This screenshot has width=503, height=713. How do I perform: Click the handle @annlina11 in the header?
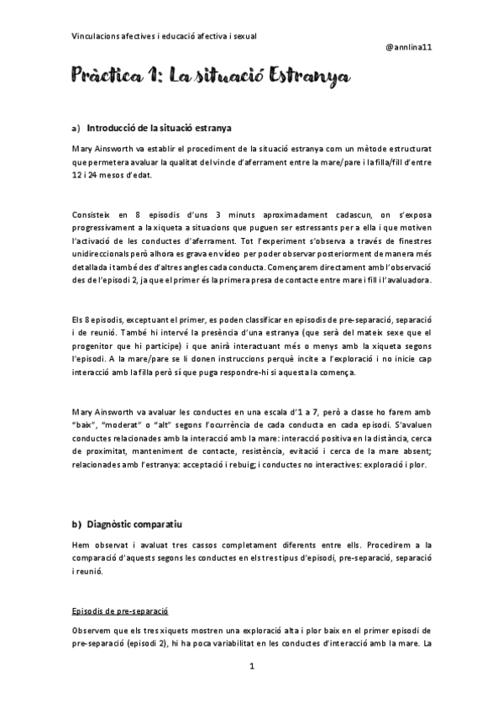click(x=408, y=48)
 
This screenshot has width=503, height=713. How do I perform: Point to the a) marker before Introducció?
click(x=76, y=128)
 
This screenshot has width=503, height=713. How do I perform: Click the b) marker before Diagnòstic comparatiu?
click(x=76, y=525)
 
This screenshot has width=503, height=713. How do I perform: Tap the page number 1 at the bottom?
click(x=252, y=666)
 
